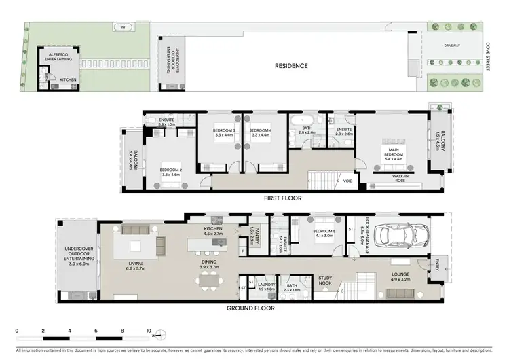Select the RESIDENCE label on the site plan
[291, 66]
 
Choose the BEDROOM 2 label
[170, 172]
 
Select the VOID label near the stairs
[347, 181]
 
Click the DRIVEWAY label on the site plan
[452, 46]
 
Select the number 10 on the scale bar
[149, 331]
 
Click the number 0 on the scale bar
[16, 331]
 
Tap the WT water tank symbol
[123, 27]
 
